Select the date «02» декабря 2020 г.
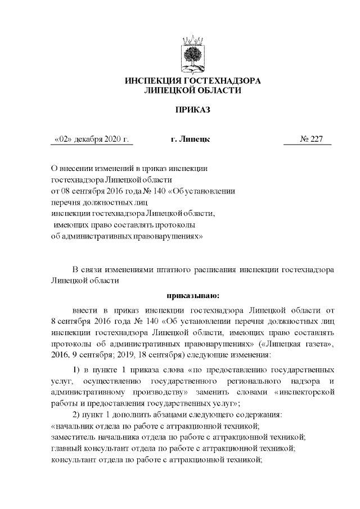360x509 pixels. pos(92,139)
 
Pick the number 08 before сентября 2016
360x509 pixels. pos(65,191)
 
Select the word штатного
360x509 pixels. pos(178,269)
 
